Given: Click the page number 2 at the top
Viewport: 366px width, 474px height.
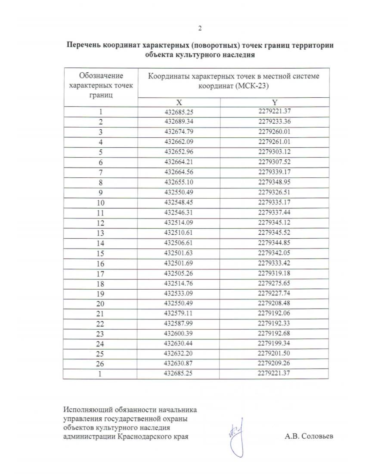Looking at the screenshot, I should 200,29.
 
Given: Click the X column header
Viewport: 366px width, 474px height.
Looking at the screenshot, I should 179,103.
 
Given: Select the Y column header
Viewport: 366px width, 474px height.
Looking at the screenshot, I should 274,103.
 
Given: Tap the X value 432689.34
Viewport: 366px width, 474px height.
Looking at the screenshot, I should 179,122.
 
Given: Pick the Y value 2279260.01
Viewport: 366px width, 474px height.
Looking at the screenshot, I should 274,132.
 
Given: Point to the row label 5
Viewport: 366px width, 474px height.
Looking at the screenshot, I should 100,152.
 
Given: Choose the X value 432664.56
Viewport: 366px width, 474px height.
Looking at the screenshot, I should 179,172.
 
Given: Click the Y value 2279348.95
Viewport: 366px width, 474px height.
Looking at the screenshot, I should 274,182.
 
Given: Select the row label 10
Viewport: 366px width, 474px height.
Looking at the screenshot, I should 100,203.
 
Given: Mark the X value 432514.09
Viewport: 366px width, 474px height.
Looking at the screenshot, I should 179,223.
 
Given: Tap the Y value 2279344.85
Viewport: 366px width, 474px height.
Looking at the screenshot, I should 274,243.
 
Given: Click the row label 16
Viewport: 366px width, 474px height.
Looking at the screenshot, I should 100,264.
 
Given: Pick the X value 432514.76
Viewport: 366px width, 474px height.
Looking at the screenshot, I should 179,283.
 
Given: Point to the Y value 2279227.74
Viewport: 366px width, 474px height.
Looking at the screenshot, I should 274,293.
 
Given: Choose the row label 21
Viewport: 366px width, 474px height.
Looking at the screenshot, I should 100,314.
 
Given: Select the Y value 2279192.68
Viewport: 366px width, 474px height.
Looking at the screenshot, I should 274,333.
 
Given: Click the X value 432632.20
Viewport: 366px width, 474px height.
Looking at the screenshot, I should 179,353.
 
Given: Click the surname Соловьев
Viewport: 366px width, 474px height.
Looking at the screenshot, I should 317,436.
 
